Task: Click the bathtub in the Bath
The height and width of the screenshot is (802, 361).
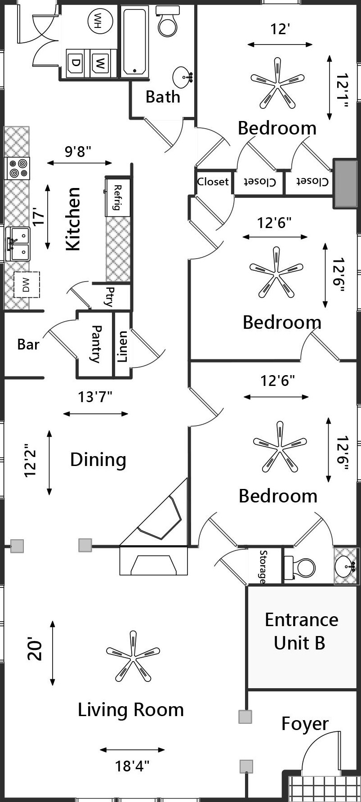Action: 134,40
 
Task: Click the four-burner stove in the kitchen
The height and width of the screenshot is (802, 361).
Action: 18,168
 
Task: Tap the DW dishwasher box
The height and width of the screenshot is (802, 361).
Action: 26,285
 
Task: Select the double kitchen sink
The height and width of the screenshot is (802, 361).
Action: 18,244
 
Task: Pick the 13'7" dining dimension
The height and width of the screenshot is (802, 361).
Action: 95,397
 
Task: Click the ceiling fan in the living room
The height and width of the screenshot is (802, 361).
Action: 133,656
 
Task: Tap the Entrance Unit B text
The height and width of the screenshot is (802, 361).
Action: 301,631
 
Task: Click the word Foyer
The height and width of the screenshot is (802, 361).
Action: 305,724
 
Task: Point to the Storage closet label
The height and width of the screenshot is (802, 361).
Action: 263,566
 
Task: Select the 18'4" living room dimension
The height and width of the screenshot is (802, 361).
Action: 132,766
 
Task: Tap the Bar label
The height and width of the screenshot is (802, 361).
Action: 28,345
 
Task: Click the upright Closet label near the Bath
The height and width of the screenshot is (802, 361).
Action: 213,181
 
